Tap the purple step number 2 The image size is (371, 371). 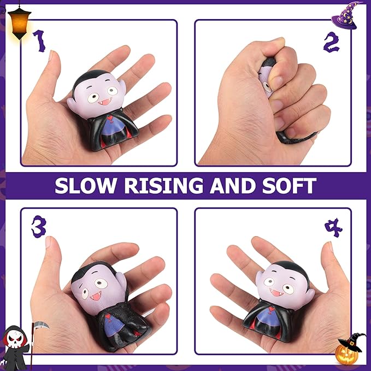pyautogui.click(x=331, y=42)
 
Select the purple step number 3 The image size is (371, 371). pyautogui.click(x=38, y=227)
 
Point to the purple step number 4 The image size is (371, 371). pyautogui.click(x=333, y=227)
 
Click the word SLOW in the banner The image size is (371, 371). pyautogui.click(x=86, y=186)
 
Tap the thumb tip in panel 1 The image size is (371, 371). pyautogui.click(x=51, y=56)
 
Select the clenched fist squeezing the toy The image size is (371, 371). pyautogui.click(x=257, y=98)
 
